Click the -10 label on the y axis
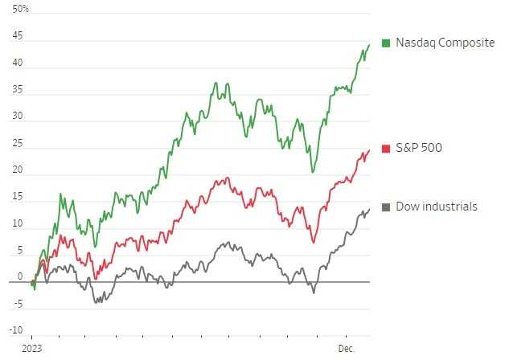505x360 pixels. click(16, 329)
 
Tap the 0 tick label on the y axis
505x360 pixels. click(20, 276)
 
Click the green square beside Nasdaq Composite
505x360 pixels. click(387, 43)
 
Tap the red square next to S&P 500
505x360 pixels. click(387, 149)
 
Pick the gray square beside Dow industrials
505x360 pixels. click(387, 207)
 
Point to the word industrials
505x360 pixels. click(450, 207)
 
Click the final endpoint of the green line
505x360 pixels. click(369, 45)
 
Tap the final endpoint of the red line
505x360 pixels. click(369, 150)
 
